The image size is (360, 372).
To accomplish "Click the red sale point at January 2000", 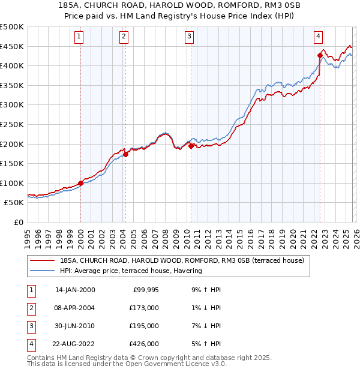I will [80, 183].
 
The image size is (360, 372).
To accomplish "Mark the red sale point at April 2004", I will [125, 154].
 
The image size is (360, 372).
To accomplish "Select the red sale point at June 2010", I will [191, 146].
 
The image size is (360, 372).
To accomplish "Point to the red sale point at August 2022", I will [320, 55].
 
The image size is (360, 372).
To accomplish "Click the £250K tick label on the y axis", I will [12, 124].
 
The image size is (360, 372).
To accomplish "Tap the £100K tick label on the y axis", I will [12, 183].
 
